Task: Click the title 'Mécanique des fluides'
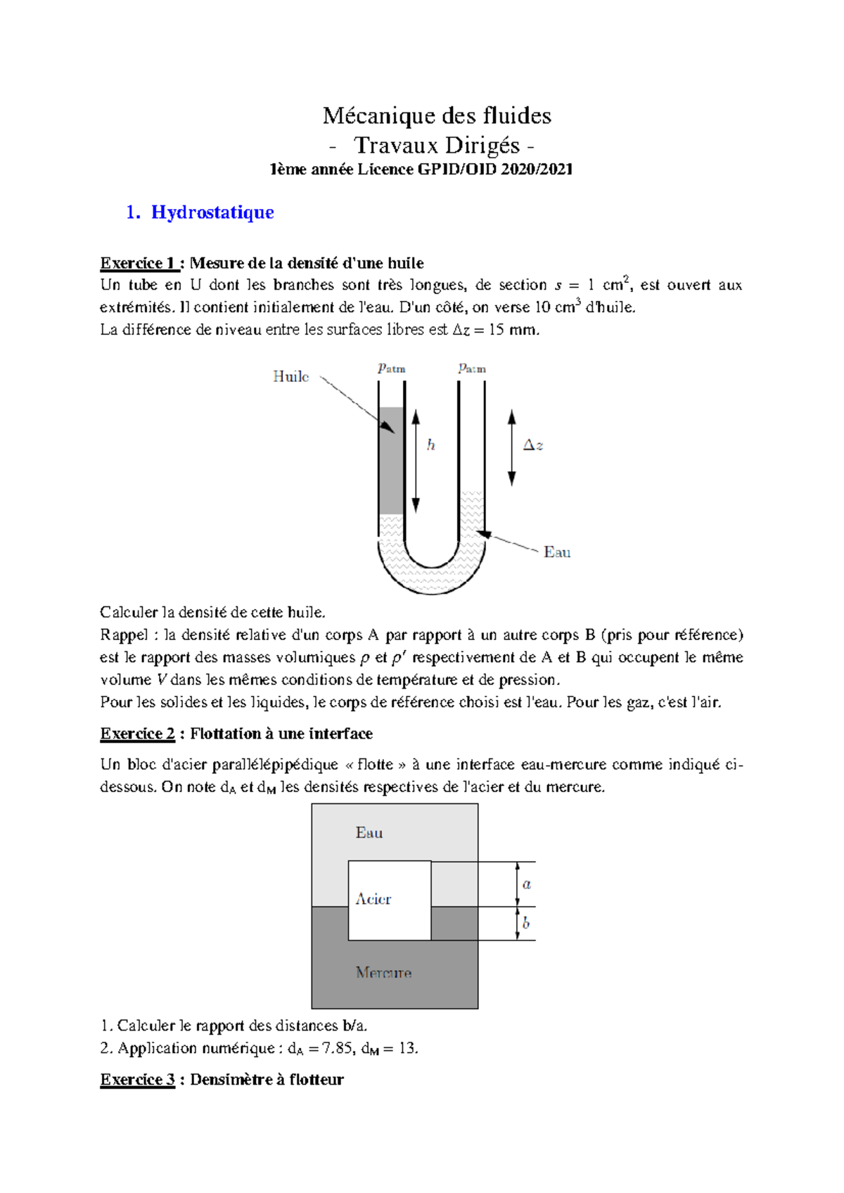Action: [437, 115]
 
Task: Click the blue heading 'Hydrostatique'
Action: [212, 212]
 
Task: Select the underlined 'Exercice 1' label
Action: [137, 263]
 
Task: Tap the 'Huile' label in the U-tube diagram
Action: [290, 377]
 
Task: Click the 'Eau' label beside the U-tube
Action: [556, 552]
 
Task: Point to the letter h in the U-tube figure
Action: [431, 445]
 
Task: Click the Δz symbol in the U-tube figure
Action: [532, 445]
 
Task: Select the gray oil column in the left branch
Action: [391, 461]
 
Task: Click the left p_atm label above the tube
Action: [391, 368]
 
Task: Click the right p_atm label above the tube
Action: [472, 368]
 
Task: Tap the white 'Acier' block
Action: [389, 900]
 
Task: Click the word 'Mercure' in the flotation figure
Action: [383, 973]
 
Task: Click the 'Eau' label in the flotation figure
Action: [369, 833]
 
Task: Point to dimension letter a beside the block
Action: [527, 884]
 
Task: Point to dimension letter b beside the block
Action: [526, 923]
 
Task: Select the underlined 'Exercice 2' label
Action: [137, 734]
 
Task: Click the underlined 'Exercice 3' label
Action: [137, 1080]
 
